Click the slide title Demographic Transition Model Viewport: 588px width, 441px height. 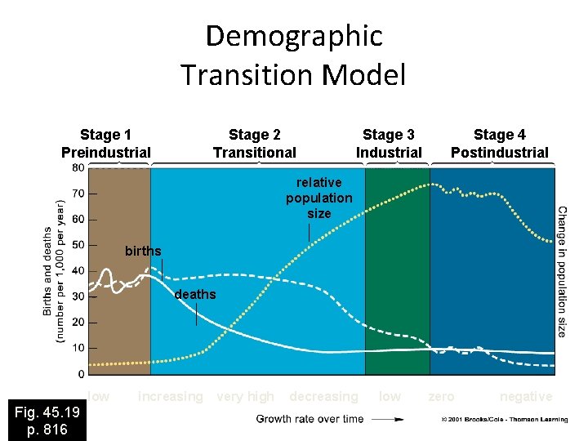tap(294, 56)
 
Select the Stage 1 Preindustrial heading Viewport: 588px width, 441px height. tap(106, 143)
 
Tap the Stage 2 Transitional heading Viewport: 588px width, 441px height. tap(255, 143)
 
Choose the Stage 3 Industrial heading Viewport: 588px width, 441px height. tap(389, 143)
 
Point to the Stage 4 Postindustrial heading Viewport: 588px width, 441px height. tap(500, 143)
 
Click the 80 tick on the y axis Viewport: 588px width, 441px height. tap(78, 167)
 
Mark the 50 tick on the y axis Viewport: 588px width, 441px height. tap(78, 245)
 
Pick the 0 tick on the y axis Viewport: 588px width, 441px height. tap(80, 374)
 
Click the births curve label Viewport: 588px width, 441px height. tap(143, 251)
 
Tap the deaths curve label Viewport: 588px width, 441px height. tap(196, 294)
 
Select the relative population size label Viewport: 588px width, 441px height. tap(319, 198)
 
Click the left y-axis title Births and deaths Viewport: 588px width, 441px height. tap(54, 269)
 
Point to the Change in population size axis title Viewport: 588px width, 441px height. tap(563, 271)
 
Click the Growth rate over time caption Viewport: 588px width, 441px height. tap(310, 419)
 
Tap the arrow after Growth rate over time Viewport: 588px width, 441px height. tap(388, 419)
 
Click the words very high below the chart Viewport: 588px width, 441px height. tap(245, 397)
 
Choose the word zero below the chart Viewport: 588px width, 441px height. tap(441, 397)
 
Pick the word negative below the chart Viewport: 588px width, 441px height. tap(526, 397)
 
